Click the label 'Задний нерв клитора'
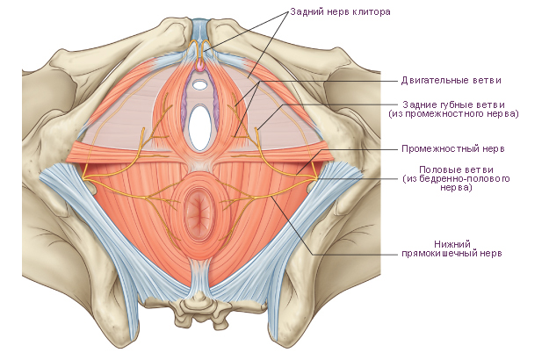[x=340, y=12]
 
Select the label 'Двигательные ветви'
[x=451, y=81]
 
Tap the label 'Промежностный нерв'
[x=453, y=148]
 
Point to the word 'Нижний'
[x=452, y=244]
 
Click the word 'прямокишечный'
[x=439, y=253]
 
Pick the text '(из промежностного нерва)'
[x=453, y=113]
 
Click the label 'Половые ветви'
[x=456, y=170]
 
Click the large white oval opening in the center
[x=199, y=127]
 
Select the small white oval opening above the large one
[x=200, y=84]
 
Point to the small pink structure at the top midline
[x=200, y=66]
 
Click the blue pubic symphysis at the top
[x=200, y=31]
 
